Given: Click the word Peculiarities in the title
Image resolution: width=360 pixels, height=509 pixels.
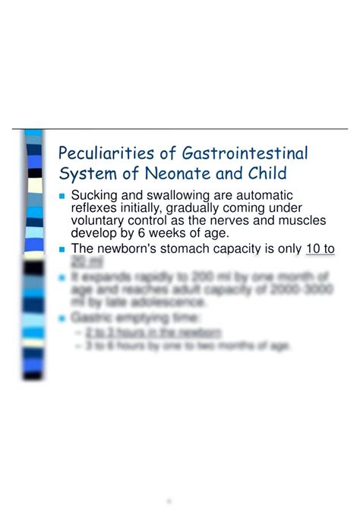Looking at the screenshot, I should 102,154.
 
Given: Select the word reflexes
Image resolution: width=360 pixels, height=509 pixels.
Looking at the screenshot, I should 95,209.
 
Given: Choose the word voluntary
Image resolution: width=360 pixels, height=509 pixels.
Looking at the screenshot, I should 97,221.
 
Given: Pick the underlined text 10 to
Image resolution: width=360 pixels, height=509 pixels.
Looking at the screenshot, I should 319,248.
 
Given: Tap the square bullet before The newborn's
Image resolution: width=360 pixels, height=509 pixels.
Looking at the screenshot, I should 62,249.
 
